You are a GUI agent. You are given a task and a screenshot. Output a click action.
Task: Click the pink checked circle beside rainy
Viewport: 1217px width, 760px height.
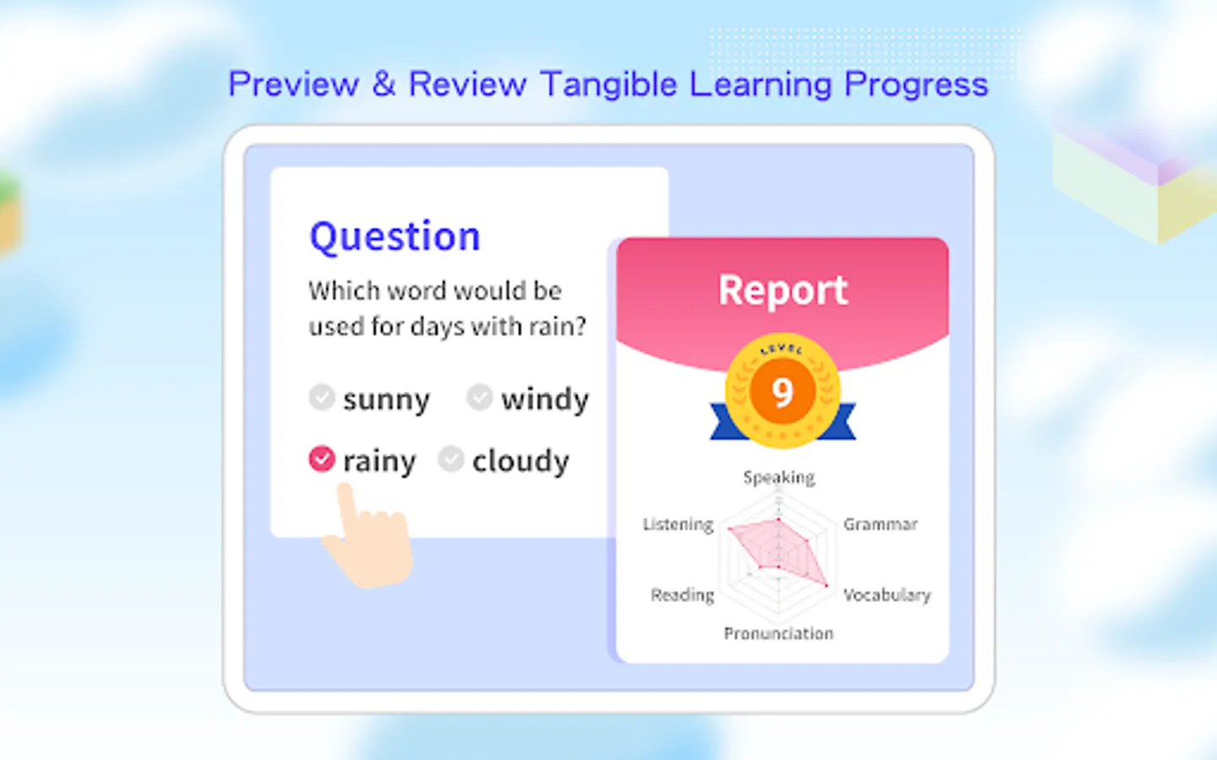click(x=322, y=459)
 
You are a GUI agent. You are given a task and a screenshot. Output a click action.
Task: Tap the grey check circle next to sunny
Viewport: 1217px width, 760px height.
click(x=322, y=397)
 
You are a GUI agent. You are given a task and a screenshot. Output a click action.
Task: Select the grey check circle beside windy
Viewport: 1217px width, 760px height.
click(x=479, y=397)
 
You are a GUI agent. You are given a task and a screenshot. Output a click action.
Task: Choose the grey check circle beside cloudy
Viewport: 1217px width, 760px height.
click(x=451, y=459)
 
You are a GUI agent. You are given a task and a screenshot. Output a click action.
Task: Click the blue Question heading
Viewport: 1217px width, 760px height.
click(x=395, y=237)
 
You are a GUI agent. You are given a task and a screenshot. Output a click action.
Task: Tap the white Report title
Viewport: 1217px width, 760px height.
click(x=783, y=290)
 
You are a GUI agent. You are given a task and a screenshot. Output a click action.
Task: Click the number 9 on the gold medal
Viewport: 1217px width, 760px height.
click(x=783, y=392)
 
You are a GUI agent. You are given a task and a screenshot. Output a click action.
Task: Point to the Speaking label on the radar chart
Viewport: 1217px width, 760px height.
click(x=779, y=478)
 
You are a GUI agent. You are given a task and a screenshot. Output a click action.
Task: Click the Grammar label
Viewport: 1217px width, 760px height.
click(x=880, y=524)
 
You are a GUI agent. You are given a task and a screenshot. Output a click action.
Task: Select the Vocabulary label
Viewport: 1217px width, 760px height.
click(x=887, y=595)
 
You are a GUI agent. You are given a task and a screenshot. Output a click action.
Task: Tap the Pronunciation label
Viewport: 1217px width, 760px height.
click(x=778, y=633)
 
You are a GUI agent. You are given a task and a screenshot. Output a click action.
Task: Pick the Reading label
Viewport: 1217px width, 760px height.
click(x=682, y=595)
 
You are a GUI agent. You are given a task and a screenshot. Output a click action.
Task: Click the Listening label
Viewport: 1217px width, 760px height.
click(x=678, y=524)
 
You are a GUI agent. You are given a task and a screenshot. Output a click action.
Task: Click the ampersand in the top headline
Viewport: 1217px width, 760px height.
click(x=384, y=84)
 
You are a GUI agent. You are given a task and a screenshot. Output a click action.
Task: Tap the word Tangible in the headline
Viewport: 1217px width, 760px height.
click(x=609, y=84)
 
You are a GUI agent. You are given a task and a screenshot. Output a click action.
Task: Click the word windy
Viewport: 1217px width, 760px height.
click(x=545, y=399)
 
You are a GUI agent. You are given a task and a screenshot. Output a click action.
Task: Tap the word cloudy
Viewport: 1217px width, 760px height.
click(x=521, y=461)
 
